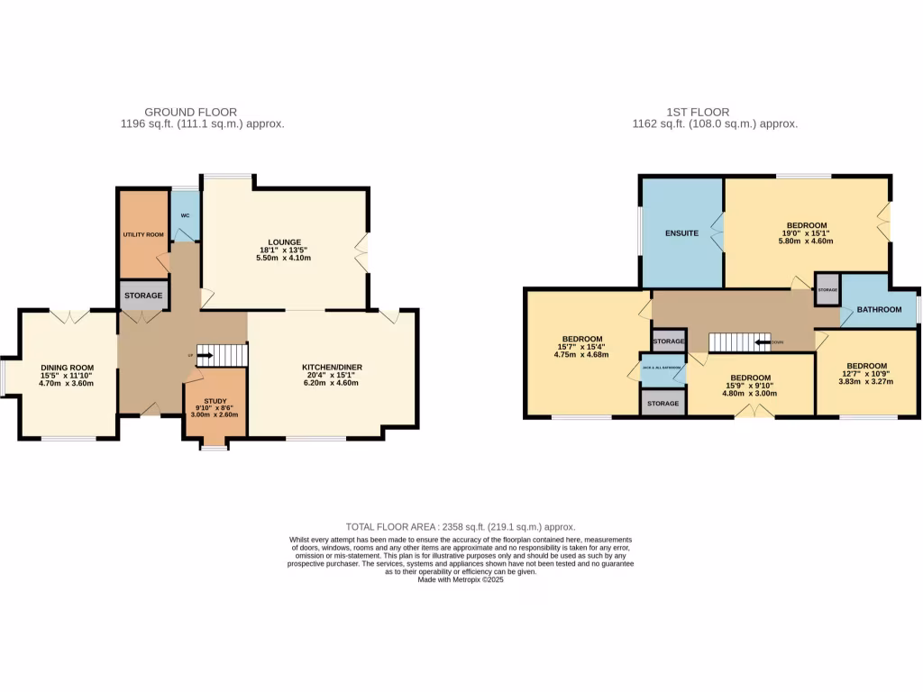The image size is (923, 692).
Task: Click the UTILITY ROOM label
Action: click(143, 234)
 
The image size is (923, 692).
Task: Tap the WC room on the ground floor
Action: click(185, 216)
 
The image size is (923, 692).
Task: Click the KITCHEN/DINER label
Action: click(333, 368)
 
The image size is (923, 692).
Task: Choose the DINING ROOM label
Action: click(68, 368)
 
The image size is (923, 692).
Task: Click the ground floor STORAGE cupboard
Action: click(143, 296)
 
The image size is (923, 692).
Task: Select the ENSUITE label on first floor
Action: click(681, 233)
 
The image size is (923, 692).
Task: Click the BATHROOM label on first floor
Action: click(879, 310)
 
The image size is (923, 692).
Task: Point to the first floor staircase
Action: click(739, 342)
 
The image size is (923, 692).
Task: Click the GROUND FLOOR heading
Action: click(202, 113)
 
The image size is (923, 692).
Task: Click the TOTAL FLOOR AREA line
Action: click(461, 527)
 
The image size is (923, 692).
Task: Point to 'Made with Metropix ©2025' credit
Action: click(461, 580)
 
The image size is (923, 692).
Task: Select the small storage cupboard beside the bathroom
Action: click(827, 289)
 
